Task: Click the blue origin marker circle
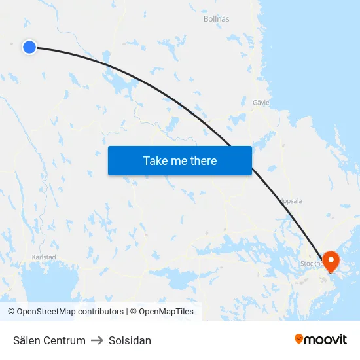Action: pyautogui.click(x=29, y=46)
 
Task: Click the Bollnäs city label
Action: pyautogui.click(x=217, y=19)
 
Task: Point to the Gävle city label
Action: pyautogui.click(x=261, y=103)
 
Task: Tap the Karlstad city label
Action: pyautogui.click(x=43, y=257)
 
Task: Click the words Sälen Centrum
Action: pyautogui.click(x=49, y=340)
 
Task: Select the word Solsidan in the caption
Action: pyautogui.click(x=130, y=340)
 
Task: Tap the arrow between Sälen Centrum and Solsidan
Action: pyautogui.click(x=97, y=340)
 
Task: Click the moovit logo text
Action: pyautogui.click(x=326, y=340)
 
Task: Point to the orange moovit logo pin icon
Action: pyautogui.click(x=299, y=339)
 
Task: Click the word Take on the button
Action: pyautogui.click(x=155, y=161)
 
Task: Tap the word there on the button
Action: pyautogui.click(x=203, y=161)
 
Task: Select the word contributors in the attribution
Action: pyautogui.click(x=100, y=312)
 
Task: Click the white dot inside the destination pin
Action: pyautogui.click(x=331, y=259)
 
